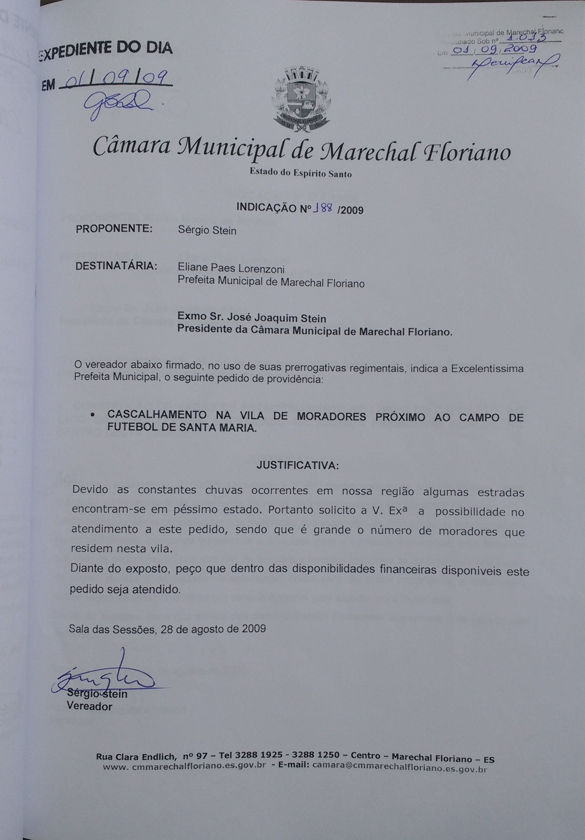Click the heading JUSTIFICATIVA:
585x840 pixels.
point(297,465)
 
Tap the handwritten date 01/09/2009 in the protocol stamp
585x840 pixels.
point(494,50)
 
